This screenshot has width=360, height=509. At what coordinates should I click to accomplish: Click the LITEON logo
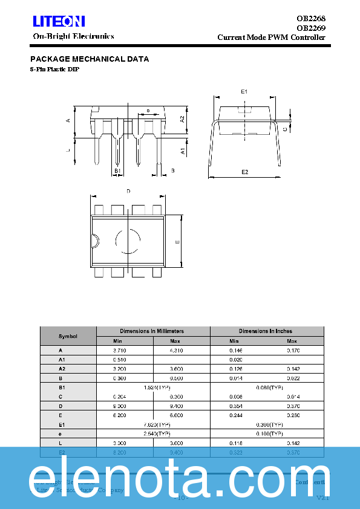(59, 22)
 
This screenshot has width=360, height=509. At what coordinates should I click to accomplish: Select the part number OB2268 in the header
(311, 18)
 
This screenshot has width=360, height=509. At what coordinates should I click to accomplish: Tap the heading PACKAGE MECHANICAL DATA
(90, 59)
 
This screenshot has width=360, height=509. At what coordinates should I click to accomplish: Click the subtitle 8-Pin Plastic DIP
(54, 70)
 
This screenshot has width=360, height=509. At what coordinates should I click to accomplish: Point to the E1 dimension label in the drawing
(244, 91)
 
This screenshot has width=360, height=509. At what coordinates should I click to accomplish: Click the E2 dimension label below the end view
(245, 172)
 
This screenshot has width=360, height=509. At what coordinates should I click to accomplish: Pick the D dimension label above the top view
(128, 191)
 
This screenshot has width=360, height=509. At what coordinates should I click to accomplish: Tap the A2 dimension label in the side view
(183, 119)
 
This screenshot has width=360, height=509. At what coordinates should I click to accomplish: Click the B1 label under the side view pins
(118, 171)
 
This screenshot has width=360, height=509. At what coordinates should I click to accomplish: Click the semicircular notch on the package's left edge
(94, 241)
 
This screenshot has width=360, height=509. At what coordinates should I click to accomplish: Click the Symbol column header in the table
(68, 336)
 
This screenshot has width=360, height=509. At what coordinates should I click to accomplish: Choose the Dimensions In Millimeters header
(152, 331)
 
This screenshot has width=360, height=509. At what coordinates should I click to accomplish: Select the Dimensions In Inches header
(265, 331)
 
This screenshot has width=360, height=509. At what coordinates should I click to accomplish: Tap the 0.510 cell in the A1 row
(120, 360)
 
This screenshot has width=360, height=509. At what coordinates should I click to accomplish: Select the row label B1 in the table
(61, 387)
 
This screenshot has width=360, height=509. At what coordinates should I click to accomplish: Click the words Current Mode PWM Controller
(271, 37)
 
